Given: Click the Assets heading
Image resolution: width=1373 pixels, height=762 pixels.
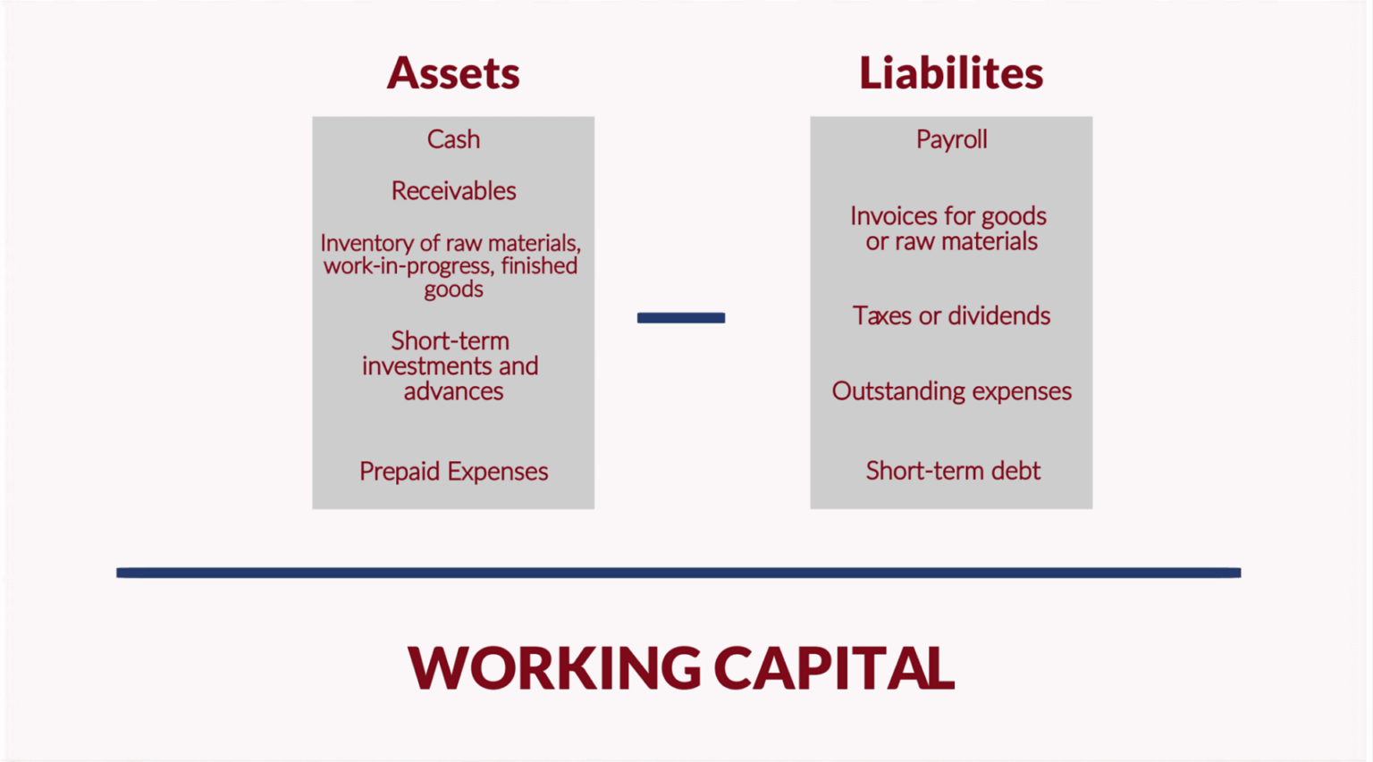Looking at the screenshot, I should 452,73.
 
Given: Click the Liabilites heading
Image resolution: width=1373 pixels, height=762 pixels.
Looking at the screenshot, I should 950,73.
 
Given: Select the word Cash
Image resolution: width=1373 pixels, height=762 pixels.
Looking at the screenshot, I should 453,139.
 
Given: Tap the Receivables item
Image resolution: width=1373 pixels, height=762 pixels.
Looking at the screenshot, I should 453,191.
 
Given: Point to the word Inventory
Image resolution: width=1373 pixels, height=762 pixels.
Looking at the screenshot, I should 360,243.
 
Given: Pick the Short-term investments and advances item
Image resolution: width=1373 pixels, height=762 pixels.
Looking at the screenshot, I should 451,366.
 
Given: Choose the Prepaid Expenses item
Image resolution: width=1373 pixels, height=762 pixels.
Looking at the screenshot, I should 453,472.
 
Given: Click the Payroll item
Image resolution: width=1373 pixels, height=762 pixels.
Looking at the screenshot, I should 951,139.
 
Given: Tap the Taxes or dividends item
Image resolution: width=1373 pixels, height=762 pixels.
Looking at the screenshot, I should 951,316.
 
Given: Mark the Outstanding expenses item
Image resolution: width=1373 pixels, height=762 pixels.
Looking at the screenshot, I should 951,391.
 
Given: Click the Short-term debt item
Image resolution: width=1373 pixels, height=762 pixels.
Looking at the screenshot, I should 952,471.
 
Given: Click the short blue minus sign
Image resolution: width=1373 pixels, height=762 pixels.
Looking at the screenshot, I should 680,318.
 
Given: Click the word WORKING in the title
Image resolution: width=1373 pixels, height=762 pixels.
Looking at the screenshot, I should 554,668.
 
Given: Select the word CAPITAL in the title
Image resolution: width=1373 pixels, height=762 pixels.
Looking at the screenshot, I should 834,668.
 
